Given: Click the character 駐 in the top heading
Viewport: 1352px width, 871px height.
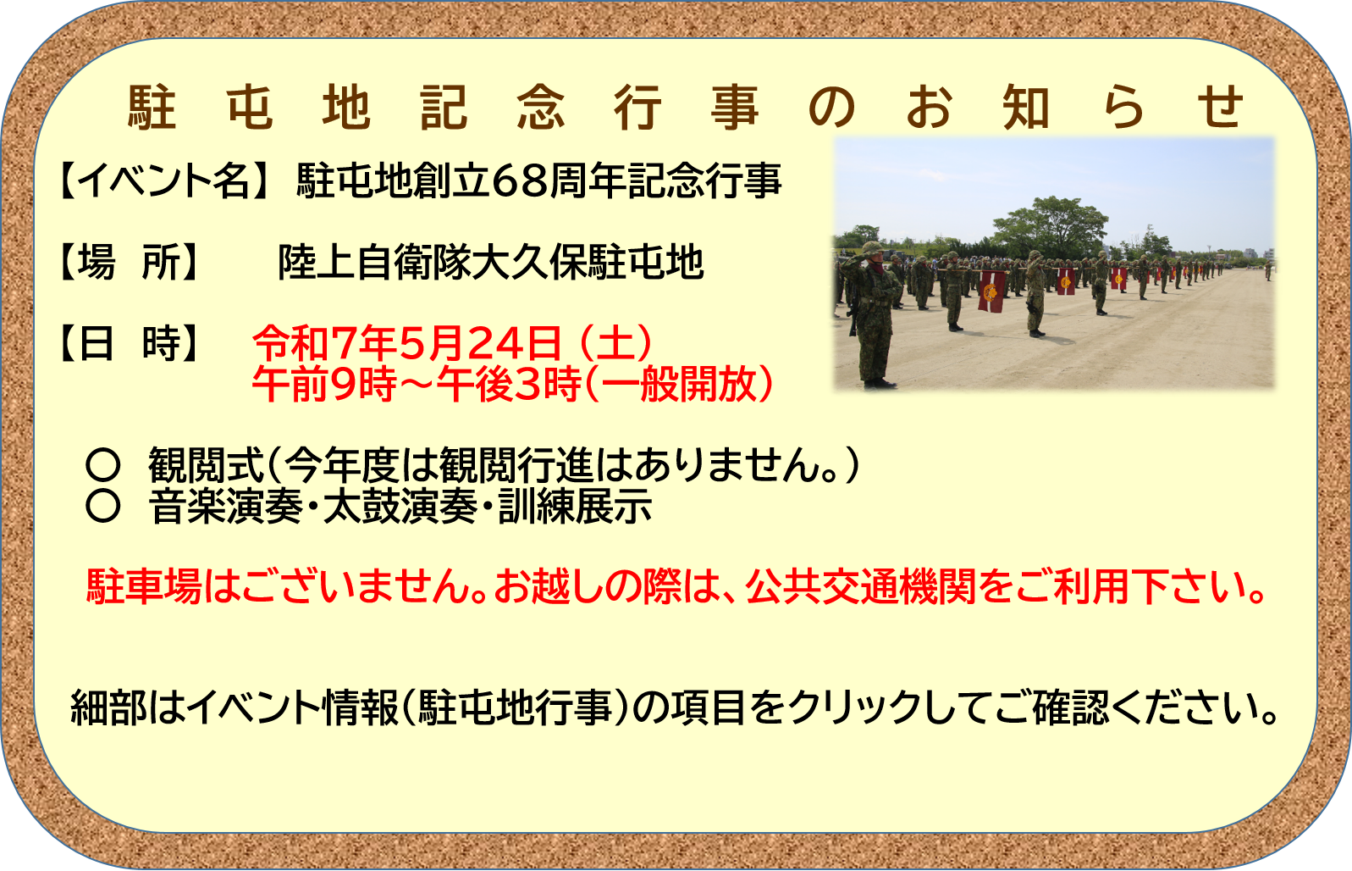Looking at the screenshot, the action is pyautogui.click(x=152, y=107).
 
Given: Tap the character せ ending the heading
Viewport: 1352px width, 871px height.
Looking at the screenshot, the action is pyautogui.click(x=1220, y=107).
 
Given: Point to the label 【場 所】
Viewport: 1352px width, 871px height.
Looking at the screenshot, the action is pyautogui.click(x=130, y=262).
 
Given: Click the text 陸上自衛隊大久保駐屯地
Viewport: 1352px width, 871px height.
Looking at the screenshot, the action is pyautogui.click(x=491, y=262).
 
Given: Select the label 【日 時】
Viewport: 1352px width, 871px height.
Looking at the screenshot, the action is pyautogui.click(x=130, y=343).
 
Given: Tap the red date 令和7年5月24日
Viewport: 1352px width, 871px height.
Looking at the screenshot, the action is pyautogui.click(x=407, y=343).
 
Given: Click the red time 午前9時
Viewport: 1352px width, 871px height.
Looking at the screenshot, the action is pyautogui.click(x=323, y=384).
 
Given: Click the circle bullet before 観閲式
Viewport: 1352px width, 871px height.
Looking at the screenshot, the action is pyautogui.click(x=102, y=464).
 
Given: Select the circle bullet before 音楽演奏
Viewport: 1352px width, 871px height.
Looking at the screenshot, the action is pyautogui.click(x=102, y=506).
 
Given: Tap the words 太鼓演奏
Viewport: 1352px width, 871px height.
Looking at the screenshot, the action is pyautogui.click(x=400, y=506).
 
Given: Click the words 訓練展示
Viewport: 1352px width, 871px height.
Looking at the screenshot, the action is pyautogui.click(x=575, y=506).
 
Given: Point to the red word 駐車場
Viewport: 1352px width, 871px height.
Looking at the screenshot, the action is pyautogui.click(x=144, y=586).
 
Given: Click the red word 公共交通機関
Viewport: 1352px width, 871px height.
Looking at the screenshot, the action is pyautogui.click(x=861, y=586).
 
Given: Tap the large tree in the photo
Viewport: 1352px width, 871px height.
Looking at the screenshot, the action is pyautogui.click(x=1051, y=226).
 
